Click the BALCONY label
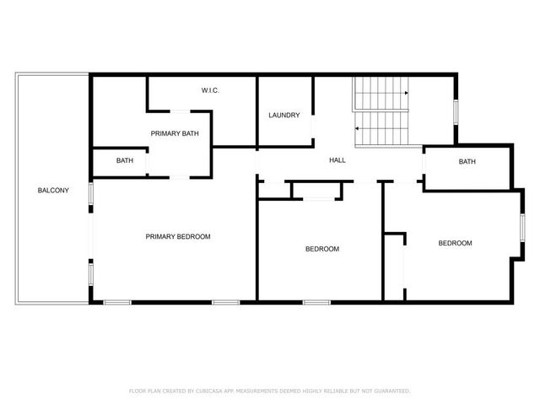(48, 190)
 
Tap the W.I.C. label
(210, 90)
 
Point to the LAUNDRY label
(284, 115)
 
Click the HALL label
(337, 160)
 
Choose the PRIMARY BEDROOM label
(177, 236)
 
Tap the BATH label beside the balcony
(125, 160)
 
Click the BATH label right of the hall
(467, 162)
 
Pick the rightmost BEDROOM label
(455, 243)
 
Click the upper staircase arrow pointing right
(406, 92)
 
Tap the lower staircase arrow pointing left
(358, 128)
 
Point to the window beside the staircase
(456, 111)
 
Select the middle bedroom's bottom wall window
(316, 301)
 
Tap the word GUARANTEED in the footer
(391, 391)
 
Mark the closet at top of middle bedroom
(316, 190)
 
